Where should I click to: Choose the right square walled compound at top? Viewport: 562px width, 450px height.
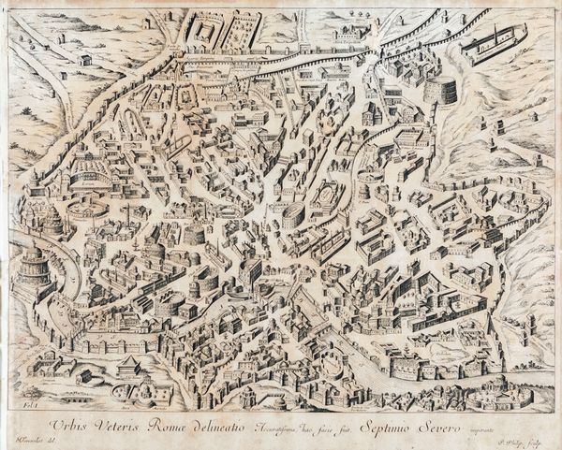tap(241, 28)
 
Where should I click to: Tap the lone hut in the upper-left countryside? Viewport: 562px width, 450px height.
tap(85, 59)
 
